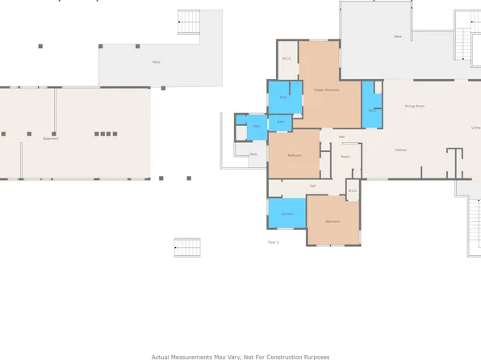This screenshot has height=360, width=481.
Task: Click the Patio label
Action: pos(156,61)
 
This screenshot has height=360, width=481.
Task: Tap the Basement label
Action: pos(51,138)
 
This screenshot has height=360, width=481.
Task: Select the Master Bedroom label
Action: pos(327,90)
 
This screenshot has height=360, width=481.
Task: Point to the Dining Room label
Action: pos(415,106)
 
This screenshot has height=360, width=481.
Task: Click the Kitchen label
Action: pos(400,151)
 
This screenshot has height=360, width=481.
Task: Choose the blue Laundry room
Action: pos(287,213)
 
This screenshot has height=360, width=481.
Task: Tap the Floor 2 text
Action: pos(273,242)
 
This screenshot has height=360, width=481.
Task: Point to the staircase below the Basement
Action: pos(186,247)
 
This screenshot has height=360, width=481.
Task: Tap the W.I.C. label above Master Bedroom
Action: pos(287,58)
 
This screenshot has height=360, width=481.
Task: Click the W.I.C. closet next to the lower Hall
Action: pos(352,191)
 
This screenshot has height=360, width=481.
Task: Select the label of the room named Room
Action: pos(345,156)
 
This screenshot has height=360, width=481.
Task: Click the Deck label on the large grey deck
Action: pos(398,36)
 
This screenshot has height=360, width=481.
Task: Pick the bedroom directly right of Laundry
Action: pos(333,221)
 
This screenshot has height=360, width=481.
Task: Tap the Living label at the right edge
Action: pos(475,128)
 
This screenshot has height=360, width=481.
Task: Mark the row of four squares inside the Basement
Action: pos(105,134)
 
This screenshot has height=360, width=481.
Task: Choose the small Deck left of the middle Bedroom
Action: pos(253,153)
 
